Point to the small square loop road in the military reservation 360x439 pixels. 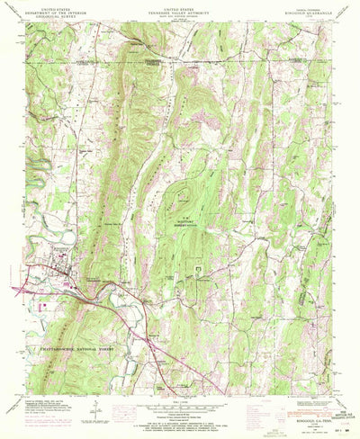[199, 269]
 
